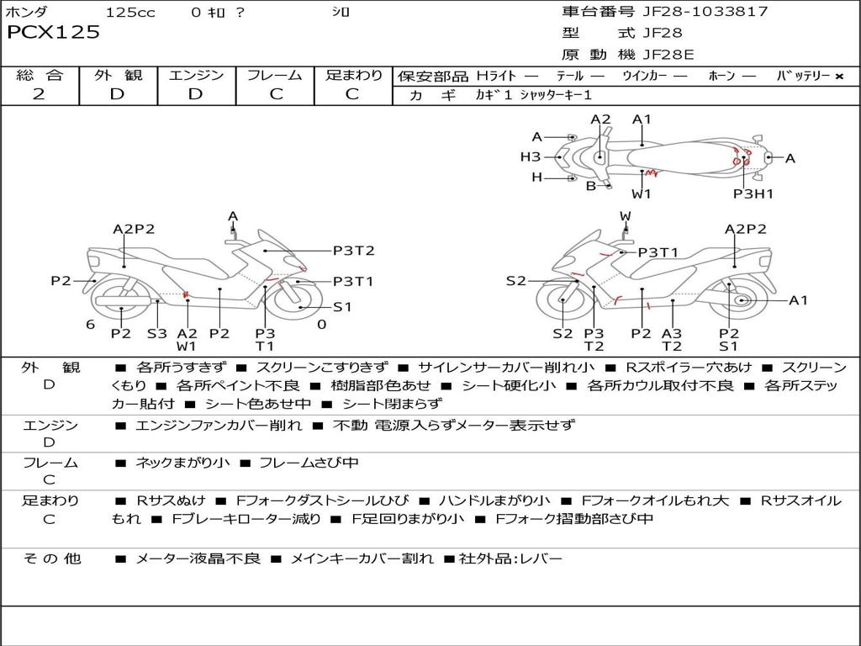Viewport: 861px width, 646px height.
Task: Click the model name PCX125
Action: pos(53,33)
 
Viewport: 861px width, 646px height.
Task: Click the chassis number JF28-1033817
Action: pos(701,11)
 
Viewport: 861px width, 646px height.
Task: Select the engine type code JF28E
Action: pos(668,55)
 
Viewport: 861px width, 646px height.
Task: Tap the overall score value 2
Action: pos(39,94)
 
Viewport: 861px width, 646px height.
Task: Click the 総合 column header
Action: pos(40,75)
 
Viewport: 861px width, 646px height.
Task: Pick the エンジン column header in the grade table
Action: pos(196,75)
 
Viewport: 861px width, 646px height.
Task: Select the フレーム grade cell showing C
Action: pos(276,94)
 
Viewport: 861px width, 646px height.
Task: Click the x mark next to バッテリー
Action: pos(839,77)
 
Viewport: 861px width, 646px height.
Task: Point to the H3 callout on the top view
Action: pos(530,157)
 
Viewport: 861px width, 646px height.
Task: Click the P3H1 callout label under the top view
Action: pos(753,193)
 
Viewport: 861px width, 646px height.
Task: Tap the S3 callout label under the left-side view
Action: pos(157,333)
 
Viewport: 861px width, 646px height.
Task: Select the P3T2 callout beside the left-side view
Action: pos(354,251)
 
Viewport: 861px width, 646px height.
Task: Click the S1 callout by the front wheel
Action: pos(342,306)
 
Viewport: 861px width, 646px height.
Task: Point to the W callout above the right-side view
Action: pos(625,216)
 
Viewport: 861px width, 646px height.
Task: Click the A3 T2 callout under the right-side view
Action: pos(672,340)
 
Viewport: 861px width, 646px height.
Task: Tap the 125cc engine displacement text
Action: pos(130,12)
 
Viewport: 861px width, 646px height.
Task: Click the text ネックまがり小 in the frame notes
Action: pos(182,463)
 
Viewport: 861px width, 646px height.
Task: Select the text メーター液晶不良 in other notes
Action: pos(198,559)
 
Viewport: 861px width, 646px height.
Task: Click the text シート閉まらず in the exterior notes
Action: pos(392,404)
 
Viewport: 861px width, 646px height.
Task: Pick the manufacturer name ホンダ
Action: pos(26,12)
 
